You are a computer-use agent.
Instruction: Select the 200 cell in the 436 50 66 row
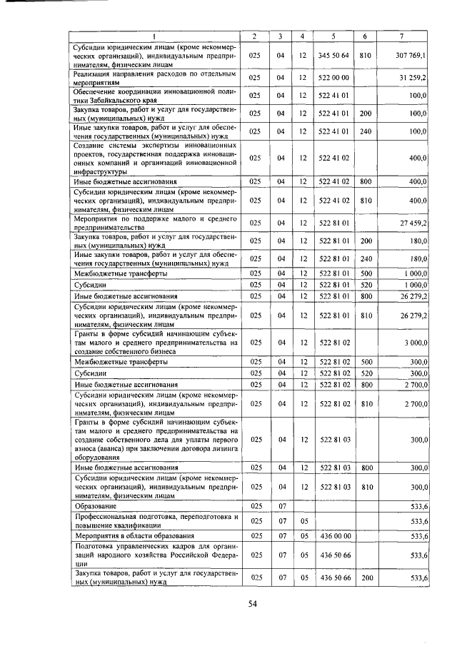click(365, 577)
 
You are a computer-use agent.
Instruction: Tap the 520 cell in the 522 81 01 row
click(365, 283)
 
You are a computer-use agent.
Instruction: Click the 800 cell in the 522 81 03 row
click(365, 468)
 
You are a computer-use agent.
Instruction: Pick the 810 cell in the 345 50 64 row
click(365, 55)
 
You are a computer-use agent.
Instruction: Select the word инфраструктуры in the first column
click(101, 171)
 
